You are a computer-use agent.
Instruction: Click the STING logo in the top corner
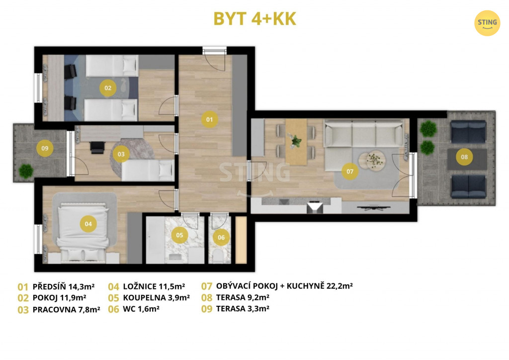(487, 23)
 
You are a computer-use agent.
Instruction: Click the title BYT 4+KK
(255, 19)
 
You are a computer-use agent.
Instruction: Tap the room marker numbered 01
(209, 119)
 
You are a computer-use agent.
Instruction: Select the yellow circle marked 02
(108, 88)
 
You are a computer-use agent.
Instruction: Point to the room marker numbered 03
(121, 154)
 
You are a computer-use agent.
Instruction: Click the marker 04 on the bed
(88, 224)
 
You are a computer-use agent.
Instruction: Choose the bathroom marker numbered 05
(179, 235)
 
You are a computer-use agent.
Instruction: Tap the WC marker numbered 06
(221, 237)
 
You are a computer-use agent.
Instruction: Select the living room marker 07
(350, 172)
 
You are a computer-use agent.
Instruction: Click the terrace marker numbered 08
(465, 157)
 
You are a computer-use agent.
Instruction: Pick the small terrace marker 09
(45, 148)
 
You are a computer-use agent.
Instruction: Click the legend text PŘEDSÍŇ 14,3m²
(64, 286)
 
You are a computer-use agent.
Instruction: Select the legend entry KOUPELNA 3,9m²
(157, 298)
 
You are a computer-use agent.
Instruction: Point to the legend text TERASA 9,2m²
(243, 297)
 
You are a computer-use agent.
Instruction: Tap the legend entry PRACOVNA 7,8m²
(67, 309)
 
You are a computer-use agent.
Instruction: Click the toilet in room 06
(219, 257)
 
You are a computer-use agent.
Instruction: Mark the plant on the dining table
(295, 141)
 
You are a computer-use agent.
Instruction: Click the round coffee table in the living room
(376, 160)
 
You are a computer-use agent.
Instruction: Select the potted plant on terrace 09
(26, 171)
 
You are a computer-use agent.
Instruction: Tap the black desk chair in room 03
(97, 147)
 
